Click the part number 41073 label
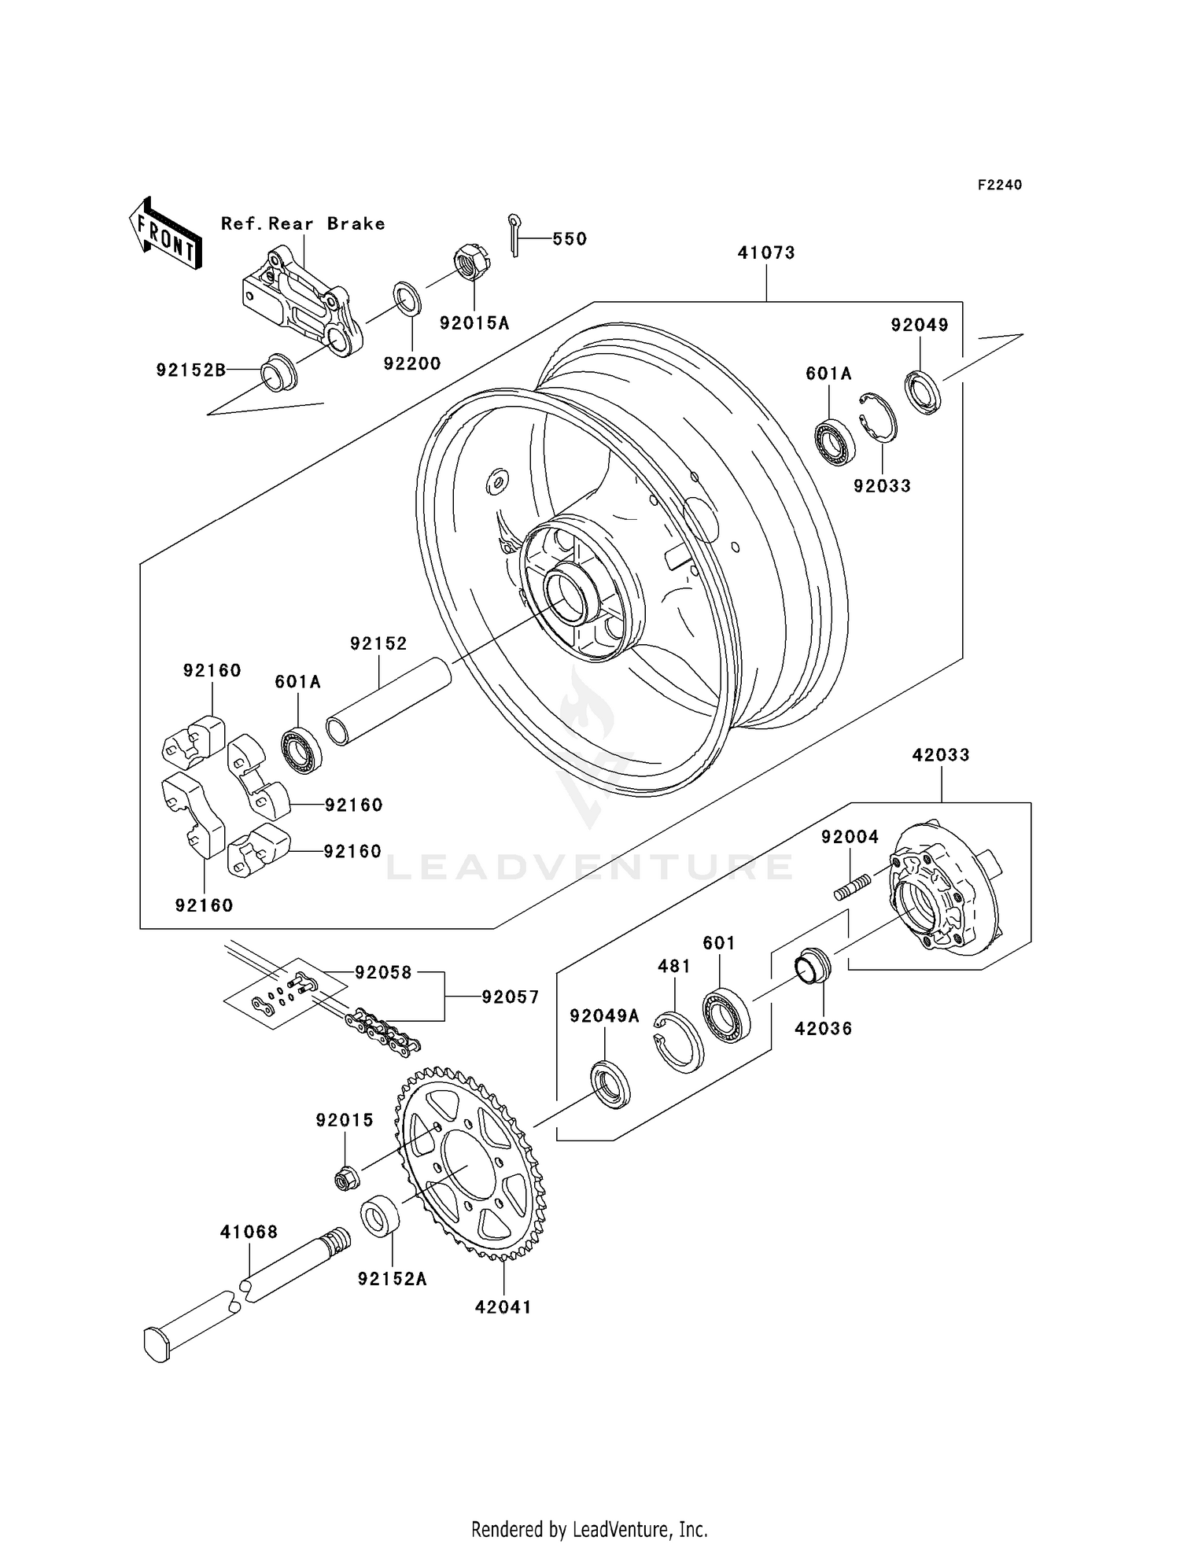tap(765, 252)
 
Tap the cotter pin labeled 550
tap(514, 234)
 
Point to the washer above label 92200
tap(407, 298)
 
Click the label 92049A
tap(604, 1016)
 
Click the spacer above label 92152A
tap(380, 1218)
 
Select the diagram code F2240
tap(999, 185)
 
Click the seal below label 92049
tap(922, 391)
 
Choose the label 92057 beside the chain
tap(510, 997)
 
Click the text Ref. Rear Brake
tap(303, 223)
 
